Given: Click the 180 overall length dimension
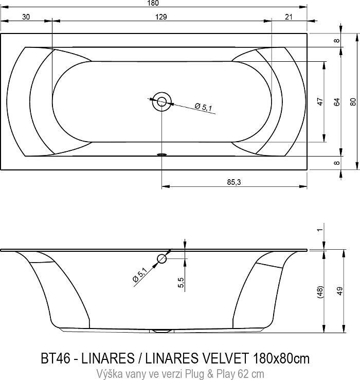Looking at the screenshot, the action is [x=153, y=3].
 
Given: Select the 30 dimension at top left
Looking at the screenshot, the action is [x=26, y=17].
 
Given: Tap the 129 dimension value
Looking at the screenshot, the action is [x=161, y=17].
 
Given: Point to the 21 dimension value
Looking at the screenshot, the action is [x=289, y=17].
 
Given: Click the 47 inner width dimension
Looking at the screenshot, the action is [x=320, y=101].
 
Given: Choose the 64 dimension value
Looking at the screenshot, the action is [x=337, y=102].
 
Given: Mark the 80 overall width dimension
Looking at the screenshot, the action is [x=353, y=101].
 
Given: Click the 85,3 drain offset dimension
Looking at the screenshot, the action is [x=234, y=182].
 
